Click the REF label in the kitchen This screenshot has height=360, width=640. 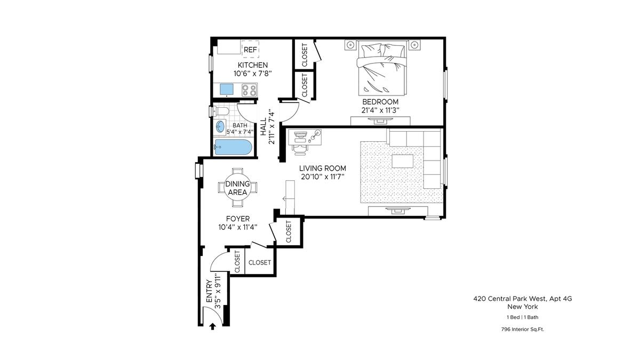(x=250, y=50)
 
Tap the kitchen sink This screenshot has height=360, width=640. (x=227, y=89)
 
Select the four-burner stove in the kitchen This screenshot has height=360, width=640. (x=250, y=90)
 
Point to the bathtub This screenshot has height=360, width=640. (x=233, y=147)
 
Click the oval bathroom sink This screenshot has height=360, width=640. (x=220, y=126)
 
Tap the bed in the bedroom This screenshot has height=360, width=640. (x=382, y=68)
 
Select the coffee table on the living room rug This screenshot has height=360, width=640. (x=402, y=161)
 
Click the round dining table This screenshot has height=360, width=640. (x=238, y=188)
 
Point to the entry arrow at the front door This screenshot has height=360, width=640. (x=212, y=326)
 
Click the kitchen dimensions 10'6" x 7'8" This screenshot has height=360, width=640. (x=253, y=74)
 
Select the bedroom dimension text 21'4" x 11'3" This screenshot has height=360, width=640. (x=380, y=110)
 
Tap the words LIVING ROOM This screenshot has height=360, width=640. (x=323, y=169)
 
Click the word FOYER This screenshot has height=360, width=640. (x=238, y=219)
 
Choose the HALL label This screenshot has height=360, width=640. (x=263, y=127)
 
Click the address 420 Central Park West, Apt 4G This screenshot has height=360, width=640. (x=523, y=299)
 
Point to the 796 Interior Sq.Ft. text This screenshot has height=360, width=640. (x=523, y=329)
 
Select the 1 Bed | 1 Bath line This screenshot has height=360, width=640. (x=523, y=317)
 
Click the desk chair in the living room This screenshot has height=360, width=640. (x=299, y=149)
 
